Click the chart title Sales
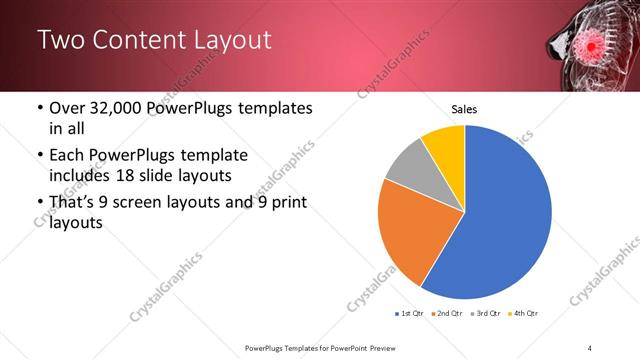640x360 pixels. click(x=464, y=108)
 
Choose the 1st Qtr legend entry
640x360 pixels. click(x=409, y=314)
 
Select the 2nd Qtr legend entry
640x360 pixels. click(x=447, y=314)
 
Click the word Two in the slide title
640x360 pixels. click(x=62, y=40)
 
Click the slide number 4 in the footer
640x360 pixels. click(x=590, y=347)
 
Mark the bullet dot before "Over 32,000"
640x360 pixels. click(x=39, y=107)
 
